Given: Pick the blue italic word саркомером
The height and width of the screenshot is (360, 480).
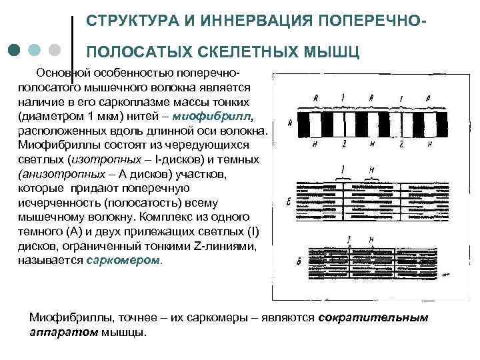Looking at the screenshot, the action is point(123,260).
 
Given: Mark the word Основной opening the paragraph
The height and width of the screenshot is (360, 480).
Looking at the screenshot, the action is point(63,71).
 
